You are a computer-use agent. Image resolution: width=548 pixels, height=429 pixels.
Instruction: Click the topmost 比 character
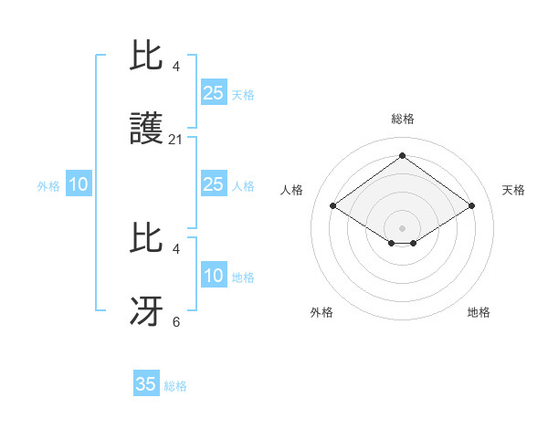pos(146,58)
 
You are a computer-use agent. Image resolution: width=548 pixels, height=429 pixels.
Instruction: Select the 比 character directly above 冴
pos(146,240)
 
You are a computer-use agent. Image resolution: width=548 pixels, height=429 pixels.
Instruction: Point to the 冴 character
pos(146,311)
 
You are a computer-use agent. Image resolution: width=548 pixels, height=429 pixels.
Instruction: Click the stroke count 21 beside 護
pos(176,140)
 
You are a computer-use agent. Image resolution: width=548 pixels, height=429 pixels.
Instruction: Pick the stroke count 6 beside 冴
pos(176,322)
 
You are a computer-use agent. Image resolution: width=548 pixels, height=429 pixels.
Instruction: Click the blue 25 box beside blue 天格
pos(213,93)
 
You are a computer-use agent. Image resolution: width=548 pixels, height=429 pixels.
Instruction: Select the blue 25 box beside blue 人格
pos(213,184)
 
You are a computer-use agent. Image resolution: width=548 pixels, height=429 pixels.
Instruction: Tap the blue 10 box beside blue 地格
pos(213,276)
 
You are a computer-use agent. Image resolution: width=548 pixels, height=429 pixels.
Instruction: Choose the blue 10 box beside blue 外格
pos(78,184)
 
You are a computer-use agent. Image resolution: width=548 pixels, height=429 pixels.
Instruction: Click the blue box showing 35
pos(146,384)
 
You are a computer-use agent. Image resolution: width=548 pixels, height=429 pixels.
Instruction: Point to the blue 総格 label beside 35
pos(175,386)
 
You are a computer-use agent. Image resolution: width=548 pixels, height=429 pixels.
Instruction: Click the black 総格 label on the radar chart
pos(403,119)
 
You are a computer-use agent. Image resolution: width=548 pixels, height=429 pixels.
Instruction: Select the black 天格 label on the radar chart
pos(513,190)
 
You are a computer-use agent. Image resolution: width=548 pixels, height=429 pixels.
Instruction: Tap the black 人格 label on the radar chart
pos(292,190)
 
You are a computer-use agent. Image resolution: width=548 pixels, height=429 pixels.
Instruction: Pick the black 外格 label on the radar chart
pos(321,312)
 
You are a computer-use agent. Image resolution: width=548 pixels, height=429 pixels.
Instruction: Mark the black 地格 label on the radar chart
pos(479,312)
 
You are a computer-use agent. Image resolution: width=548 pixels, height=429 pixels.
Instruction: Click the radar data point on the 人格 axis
pos(333,206)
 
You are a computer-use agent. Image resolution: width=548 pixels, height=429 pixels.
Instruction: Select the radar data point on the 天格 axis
pos(471,206)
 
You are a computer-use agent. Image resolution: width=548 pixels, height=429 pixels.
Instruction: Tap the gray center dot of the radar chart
pos(403,227)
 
